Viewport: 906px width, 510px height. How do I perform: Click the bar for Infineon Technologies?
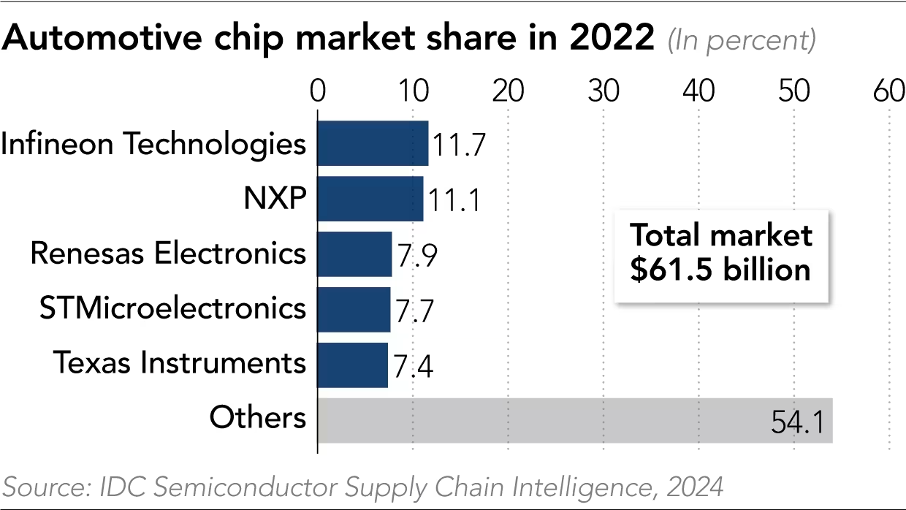point(373,143)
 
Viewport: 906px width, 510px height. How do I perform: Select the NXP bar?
point(370,199)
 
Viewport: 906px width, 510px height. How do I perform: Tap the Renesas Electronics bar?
point(354,254)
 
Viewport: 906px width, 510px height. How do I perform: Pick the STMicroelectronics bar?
point(354,309)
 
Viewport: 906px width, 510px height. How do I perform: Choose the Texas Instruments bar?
point(352,365)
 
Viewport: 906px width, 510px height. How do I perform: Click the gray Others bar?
point(575,420)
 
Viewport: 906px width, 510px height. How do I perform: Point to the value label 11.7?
point(458,145)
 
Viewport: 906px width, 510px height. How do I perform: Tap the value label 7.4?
point(414,366)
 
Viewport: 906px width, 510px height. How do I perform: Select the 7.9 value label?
point(416,256)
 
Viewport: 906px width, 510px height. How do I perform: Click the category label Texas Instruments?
point(178,362)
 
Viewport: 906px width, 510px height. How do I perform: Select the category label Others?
point(257,418)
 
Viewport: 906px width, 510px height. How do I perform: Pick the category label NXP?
point(276,197)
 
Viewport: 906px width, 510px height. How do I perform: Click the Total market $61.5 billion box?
point(721,254)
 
